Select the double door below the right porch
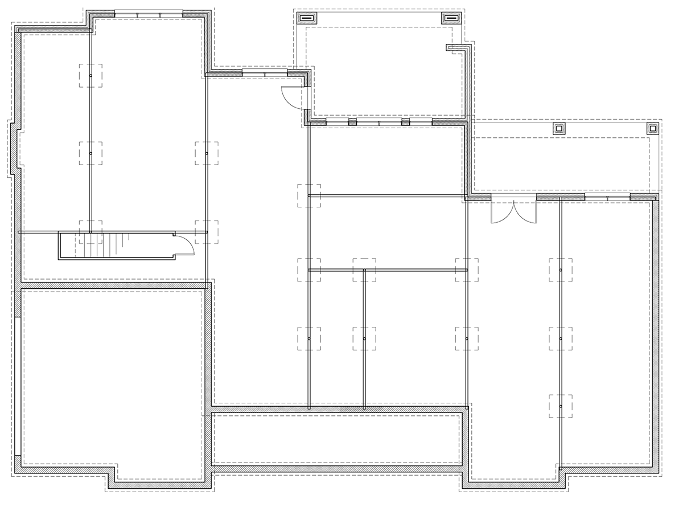513,211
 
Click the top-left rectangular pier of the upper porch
307,18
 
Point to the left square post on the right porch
559,128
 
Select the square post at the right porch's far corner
652,128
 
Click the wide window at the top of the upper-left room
149,13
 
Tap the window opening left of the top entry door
265,73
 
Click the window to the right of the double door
607,197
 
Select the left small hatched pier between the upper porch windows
352,122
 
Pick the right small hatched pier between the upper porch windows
406,122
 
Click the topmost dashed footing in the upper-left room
90,75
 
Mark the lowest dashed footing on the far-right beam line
561,406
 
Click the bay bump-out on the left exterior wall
14,148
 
